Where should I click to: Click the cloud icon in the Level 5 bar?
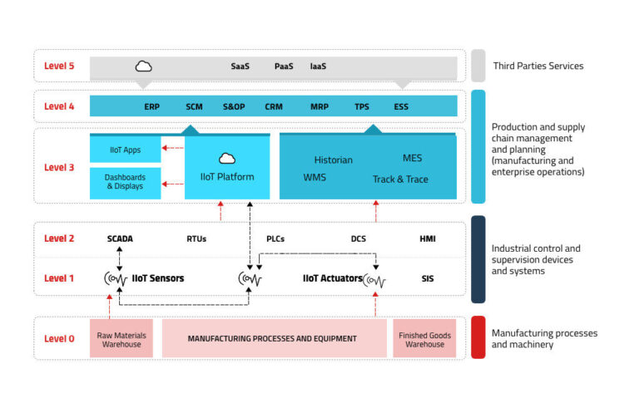pyautogui.click(x=143, y=66)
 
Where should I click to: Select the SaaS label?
pyautogui.click(x=240, y=66)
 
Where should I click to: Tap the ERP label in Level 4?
pyautogui.click(x=151, y=106)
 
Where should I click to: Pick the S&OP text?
pyautogui.click(x=234, y=106)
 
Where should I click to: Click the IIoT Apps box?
pyautogui.click(x=125, y=150)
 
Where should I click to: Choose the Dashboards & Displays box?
pyautogui.click(x=125, y=183)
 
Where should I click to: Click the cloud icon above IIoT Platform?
pyautogui.click(x=227, y=159)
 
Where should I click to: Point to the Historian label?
pyautogui.click(x=334, y=160)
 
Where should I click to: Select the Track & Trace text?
pyautogui.click(x=400, y=179)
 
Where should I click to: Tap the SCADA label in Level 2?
pyautogui.click(x=120, y=238)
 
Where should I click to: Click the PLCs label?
pyautogui.click(x=275, y=238)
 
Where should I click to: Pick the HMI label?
pyautogui.click(x=428, y=238)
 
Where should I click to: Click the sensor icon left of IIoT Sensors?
pyautogui.click(x=116, y=279)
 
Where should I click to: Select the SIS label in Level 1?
pyautogui.click(x=428, y=278)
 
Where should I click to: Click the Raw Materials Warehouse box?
pyautogui.click(x=121, y=338)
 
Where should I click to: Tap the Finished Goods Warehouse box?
pyautogui.click(x=424, y=338)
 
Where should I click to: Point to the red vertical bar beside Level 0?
pyautogui.click(x=478, y=337)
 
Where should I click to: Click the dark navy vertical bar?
pyautogui.click(x=478, y=259)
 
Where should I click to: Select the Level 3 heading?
pyautogui.click(x=59, y=167)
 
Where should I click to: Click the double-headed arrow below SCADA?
pyautogui.click(x=120, y=259)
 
